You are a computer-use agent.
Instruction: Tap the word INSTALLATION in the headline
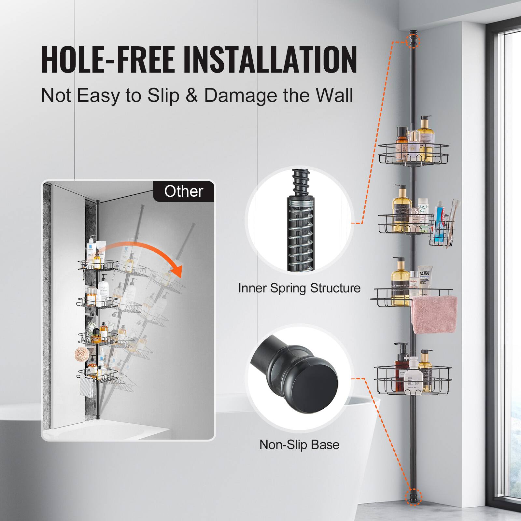270,61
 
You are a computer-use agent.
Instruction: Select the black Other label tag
184,191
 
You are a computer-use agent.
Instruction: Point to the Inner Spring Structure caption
299,288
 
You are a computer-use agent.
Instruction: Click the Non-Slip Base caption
299,444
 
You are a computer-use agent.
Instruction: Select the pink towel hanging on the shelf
434,314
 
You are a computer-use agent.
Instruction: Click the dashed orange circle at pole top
414,41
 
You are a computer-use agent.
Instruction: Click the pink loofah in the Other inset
81,353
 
